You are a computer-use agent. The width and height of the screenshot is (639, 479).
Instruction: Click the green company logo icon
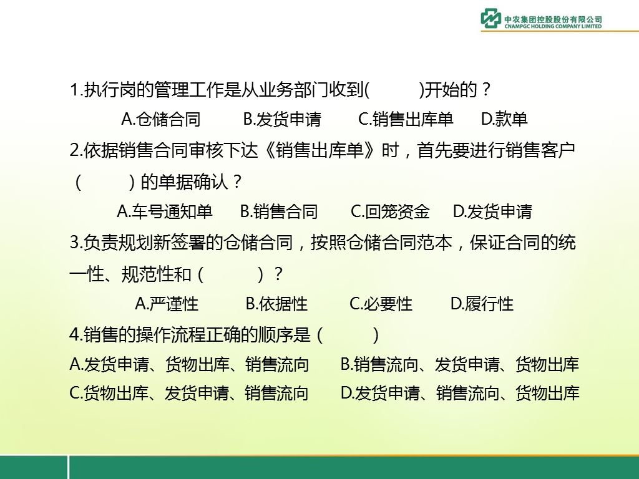tap(491, 18)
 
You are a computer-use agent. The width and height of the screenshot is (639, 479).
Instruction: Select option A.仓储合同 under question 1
tap(161, 119)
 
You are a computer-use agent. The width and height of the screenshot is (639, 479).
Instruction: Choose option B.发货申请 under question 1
tap(282, 119)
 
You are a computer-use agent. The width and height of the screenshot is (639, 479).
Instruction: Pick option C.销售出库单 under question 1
tap(406, 119)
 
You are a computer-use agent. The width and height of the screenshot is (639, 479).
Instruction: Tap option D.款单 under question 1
tap(504, 119)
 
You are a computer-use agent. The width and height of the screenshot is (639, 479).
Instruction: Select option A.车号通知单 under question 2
tap(165, 212)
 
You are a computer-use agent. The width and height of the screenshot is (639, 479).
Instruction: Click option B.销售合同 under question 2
tap(279, 212)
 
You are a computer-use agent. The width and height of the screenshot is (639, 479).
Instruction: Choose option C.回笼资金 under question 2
tap(390, 212)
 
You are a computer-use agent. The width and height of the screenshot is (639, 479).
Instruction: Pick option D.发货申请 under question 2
tap(493, 212)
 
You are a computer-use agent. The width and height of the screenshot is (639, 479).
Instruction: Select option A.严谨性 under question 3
tap(167, 304)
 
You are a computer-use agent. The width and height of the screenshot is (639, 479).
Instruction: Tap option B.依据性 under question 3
tap(276, 304)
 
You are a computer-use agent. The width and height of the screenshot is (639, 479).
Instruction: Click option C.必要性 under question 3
tap(381, 304)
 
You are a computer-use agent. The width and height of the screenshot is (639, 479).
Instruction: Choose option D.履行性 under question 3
tap(482, 304)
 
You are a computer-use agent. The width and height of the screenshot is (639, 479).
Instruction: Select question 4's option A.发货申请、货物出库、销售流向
tap(189, 364)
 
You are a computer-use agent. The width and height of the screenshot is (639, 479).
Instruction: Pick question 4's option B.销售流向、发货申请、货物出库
tap(460, 364)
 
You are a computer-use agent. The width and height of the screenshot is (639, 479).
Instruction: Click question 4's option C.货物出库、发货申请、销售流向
tap(188, 394)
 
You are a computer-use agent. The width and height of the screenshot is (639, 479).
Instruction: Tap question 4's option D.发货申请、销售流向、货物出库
tap(460, 394)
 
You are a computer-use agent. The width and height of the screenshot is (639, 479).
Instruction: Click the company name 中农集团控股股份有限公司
tap(553, 19)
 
